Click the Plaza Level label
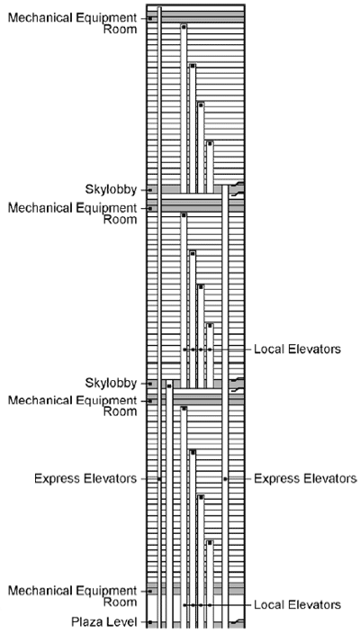pos(103,621)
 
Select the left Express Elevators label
pos(85,479)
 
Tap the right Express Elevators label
pos(305,479)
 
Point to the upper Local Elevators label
pos(297,349)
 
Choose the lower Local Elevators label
pos(297,605)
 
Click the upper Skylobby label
pos(111,190)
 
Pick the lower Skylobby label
pos(111,383)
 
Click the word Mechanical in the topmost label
pos(40,18)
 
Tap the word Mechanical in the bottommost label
pos(40,591)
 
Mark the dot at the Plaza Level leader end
pos(150,622)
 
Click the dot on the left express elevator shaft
pos(159,479)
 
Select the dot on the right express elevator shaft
pos(225,479)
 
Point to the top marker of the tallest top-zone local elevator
pos(184,27)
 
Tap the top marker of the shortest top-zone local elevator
pos(210,144)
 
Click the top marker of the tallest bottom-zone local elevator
pos(184,409)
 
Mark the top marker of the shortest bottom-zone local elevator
pos(210,543)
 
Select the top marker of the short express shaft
pos(169,386)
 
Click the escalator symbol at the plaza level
pos(237,621)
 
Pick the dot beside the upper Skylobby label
pos(150,190)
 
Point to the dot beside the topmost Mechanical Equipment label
pos(150,19)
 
